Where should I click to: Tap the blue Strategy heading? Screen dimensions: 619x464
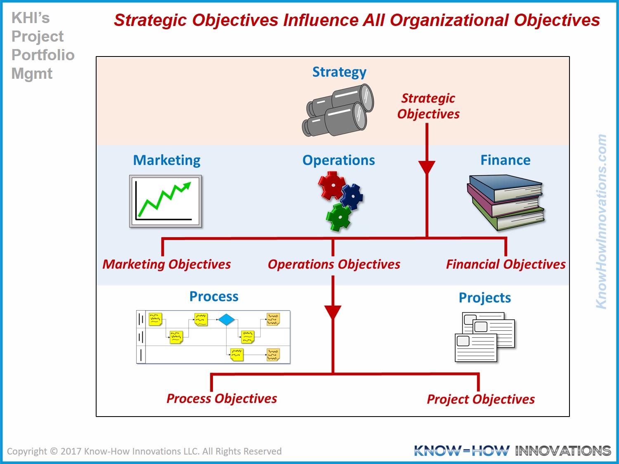339,72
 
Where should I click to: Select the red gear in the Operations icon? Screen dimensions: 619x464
331,185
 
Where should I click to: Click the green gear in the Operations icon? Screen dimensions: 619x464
339,217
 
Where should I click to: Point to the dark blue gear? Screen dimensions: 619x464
352,197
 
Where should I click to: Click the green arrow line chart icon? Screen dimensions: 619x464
165,201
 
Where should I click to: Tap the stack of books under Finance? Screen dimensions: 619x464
506,203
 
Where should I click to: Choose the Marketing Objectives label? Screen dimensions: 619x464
167,264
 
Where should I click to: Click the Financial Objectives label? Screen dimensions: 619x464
506,264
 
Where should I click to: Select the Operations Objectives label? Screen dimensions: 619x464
334,264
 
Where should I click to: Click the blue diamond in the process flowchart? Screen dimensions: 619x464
226,320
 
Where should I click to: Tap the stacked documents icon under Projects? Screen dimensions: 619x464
485,337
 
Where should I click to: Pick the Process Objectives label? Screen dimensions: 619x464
222,399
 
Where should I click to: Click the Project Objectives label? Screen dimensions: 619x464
481,399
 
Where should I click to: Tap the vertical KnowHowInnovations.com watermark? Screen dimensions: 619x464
601,221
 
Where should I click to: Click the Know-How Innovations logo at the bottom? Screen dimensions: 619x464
513,450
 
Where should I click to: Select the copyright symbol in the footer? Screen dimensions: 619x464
54,451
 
